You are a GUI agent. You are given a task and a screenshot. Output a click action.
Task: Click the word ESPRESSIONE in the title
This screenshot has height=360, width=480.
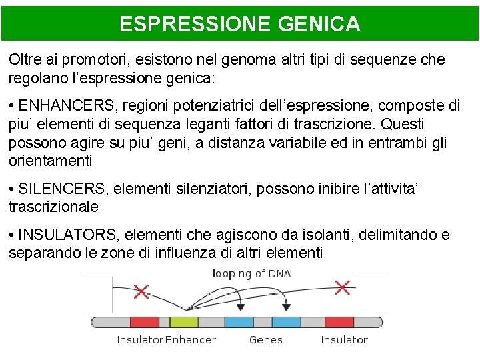click(x=193, y=25)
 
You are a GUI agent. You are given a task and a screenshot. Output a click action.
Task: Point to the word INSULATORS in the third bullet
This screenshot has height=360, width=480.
click(x=67, y=235)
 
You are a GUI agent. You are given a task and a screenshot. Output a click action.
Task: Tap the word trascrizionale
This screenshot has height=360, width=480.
click(x=53, y=207)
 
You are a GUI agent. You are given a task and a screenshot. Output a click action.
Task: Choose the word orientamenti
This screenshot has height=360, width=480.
click(x=51, y=161)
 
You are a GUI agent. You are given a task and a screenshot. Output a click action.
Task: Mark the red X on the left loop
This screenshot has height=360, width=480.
click(x=141, y=291)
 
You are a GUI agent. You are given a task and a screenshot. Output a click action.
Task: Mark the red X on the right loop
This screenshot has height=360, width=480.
click(x=342, y=287)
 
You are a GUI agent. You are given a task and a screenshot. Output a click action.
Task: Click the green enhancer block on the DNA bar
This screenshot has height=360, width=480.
click(x=184, y=322)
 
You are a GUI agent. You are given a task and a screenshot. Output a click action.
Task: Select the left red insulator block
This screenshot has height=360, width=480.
click(x=144, y=322)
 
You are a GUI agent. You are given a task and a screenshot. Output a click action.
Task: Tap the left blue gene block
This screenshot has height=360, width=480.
click(x=239, y=322)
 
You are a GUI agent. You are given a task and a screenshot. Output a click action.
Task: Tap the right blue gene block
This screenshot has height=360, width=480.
click(x=287, y=322)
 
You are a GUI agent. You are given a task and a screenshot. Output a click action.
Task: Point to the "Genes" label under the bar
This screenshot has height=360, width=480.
click(x=266, y=340)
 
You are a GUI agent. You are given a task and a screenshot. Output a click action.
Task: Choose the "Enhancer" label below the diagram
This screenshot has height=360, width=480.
click(x=191, y=340)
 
